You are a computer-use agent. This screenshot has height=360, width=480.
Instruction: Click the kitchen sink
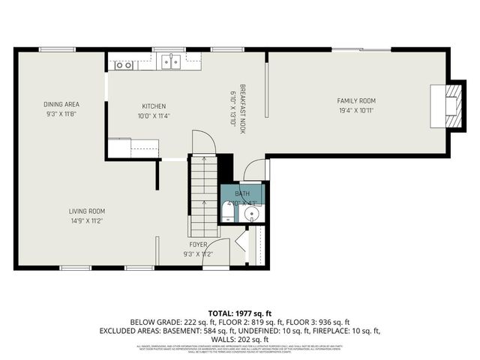(x=172, y=64)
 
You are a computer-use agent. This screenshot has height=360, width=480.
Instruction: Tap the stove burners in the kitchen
(x=124, y=65)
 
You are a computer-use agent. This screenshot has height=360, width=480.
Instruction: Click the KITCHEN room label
(x=154, y=106)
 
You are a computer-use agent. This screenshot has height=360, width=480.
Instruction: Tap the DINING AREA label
(x=61, y=103)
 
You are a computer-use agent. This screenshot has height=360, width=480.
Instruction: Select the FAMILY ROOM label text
(x=355, y=100)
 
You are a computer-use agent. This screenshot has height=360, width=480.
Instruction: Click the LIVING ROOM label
(x=87, y=211)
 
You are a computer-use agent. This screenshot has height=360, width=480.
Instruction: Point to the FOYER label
(x=198, y=244)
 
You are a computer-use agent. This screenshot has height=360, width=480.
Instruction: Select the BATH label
(x=243, y=193)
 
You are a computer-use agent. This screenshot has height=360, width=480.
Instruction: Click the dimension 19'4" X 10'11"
(x=355, y=110)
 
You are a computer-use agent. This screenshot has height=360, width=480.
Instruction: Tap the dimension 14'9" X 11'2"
(x=87, y=221)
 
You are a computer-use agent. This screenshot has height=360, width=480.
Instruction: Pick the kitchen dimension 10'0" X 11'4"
(x=154, y=116)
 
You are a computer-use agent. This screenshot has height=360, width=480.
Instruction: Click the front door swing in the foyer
(x=216, y=253)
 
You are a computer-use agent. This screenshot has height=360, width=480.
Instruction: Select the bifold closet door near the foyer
(x=241, y=244)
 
